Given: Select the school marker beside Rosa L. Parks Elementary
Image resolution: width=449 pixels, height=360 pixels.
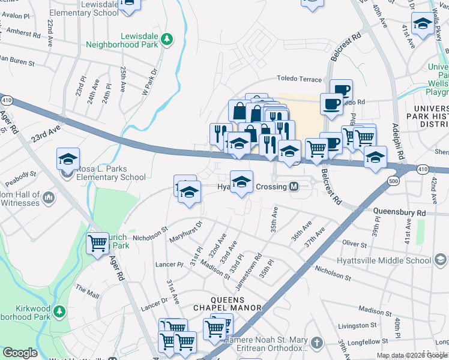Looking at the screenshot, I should [x=68, y=160].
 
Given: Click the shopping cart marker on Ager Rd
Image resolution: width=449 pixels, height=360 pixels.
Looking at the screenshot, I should [x=98, y=243].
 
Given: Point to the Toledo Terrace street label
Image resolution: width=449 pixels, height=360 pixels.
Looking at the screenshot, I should [x=300, y=79].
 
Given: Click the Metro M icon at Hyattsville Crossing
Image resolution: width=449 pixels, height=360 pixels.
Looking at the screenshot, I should [x=294, y=187].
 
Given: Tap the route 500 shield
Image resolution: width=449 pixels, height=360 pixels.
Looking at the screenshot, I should [x=393, y=180].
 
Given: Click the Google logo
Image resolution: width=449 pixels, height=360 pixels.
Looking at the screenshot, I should [x=20, y=353].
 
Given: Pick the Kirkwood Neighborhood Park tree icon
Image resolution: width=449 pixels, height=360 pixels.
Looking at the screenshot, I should [x=59, y=311].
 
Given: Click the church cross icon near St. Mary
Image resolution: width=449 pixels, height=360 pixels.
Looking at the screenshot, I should [x=317, y=342].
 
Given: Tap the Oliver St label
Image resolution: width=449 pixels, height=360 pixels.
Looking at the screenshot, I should [x=354, y=244].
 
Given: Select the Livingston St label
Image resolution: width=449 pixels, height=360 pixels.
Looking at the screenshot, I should [x=357, y=325].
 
